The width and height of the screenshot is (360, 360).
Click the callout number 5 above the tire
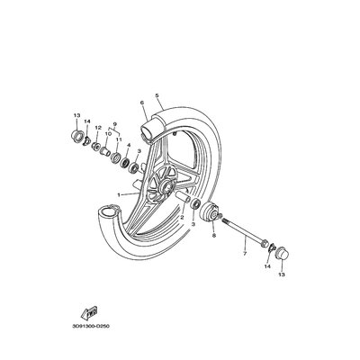pyautogui.click(x=157, y=94)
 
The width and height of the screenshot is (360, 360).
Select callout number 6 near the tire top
pyautogui.click(x=141, y=104)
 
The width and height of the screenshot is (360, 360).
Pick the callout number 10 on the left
pyautogui.click(x=107, y=133)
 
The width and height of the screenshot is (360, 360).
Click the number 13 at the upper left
pyautogui.click(x=76, y=114)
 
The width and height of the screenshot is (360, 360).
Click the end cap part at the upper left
pyautogui.click(x=76, y=137)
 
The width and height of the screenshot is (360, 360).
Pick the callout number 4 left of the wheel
pyautogui.click(x=129, y=144)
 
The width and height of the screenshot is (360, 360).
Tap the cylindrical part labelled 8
pyautogui.click(x=212, y=214)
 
